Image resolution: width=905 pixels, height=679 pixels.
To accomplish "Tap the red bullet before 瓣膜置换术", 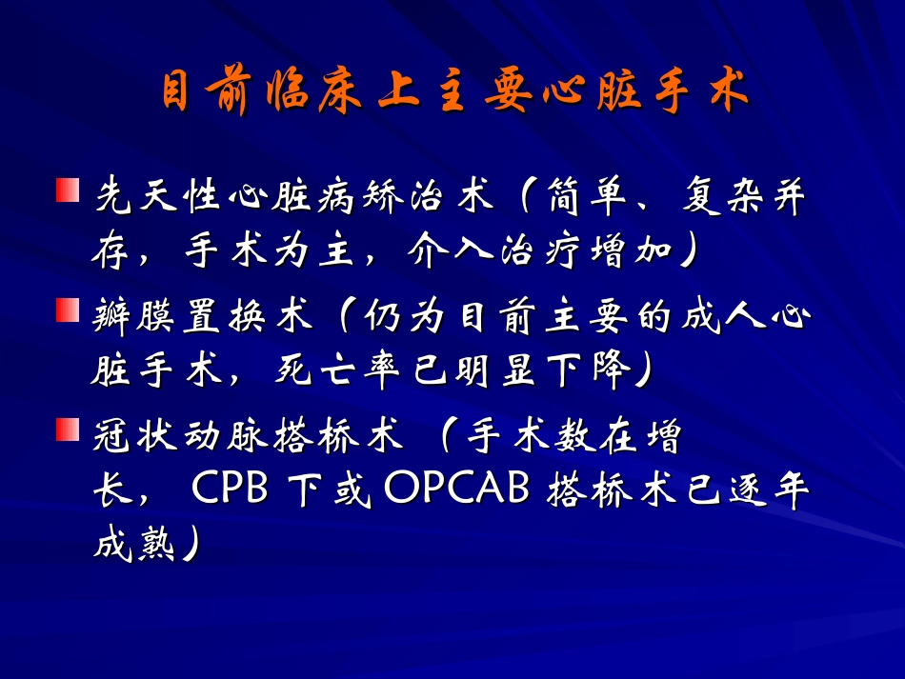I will coord(66,310).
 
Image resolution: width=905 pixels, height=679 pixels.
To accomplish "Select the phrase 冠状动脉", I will coord(177,439).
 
